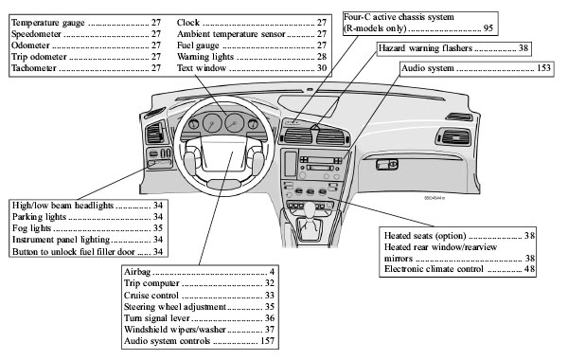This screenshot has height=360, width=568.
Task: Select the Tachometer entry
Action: (37, 69)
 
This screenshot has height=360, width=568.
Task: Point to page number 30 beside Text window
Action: (322, 69)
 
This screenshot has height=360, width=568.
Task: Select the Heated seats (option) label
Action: (425, 234)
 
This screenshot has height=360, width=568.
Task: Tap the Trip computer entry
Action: (151, 283)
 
